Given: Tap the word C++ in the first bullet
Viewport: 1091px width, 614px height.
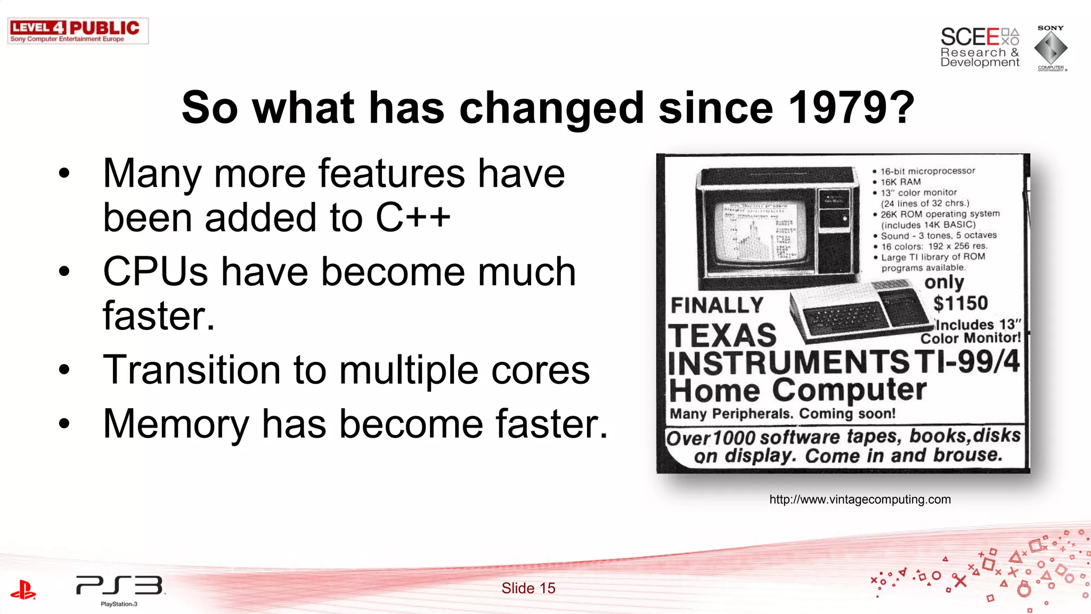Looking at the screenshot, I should [x=413, y=218].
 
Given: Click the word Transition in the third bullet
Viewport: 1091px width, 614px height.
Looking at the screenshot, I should [x=191, y=370].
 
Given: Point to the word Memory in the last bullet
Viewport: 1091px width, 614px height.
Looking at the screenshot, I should [x=176, y=424].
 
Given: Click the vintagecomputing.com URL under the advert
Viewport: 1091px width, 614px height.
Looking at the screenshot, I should [x=859, y=499].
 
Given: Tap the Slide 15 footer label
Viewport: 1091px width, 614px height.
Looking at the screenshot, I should [x=528, y=588].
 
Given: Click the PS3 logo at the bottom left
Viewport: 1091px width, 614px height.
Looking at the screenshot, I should [x=119, y=586].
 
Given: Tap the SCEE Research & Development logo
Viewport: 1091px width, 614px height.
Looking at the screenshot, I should [x=979, y=47].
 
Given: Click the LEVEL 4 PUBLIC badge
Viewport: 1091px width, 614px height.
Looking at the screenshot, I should [x=78, y=31].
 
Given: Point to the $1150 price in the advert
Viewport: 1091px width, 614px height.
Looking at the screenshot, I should [x=960, y=303].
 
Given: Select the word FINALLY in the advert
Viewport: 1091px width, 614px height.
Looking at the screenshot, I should [x=717, y=305].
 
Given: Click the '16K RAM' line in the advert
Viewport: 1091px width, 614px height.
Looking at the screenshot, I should [x=900, y=182].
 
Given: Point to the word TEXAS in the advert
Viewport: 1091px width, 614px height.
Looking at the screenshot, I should [x=722, y=336].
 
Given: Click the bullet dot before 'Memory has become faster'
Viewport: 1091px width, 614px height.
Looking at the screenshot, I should [x=64, y=424].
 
